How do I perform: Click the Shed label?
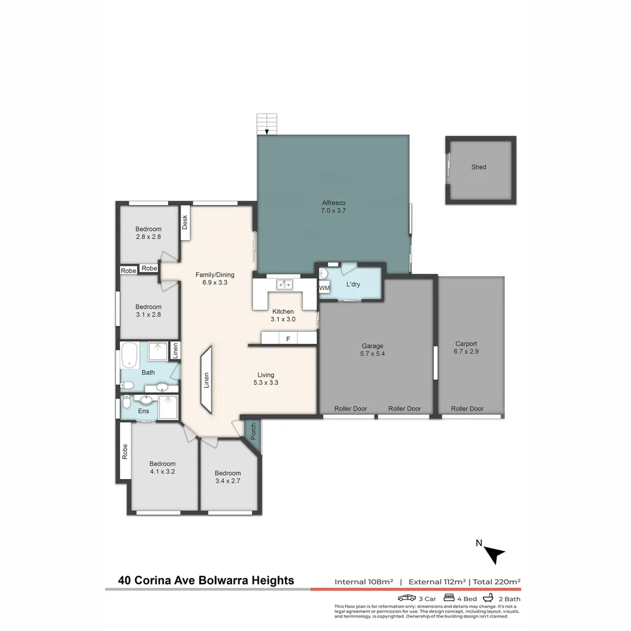pos(479,167)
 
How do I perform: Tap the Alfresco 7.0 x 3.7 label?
pos(333,207)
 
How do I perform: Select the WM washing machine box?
pos(324,288)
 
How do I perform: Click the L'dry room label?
pos(353,285)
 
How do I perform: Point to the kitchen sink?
pos(285,285)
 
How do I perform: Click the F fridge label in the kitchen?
pos(287,339)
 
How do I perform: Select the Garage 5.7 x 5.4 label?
pos(372,350)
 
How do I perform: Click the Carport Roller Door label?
pos(467,409)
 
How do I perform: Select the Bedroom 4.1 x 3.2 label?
pos(162,467)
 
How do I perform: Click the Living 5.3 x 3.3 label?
pos(266,379)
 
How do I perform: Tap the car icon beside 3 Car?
pos(407,598)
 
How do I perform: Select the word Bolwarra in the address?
pos(223,580)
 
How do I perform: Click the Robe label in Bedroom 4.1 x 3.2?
pos(125,451)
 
